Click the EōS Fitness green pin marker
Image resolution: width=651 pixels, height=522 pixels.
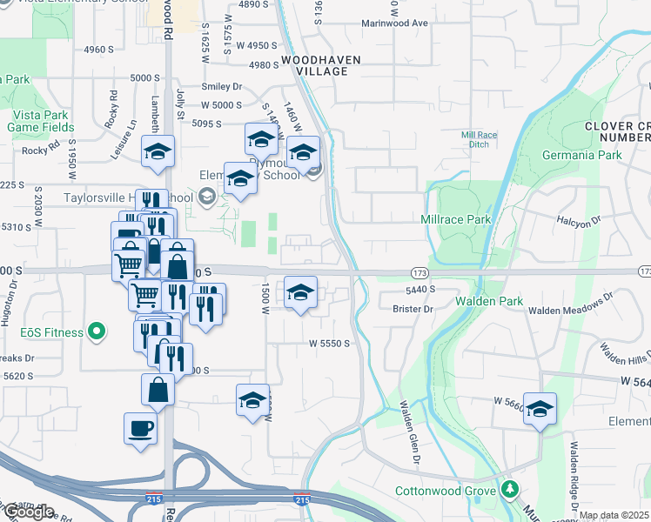[97, 332]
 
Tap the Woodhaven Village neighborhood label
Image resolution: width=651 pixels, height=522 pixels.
[315, 68]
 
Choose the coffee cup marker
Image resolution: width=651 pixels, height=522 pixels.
[141, 428]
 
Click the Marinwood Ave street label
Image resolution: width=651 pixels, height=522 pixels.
[394, 23]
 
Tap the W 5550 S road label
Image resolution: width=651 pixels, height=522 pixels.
[329, 344]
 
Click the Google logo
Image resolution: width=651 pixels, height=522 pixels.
[28, 512]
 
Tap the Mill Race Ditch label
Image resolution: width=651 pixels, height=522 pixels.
[478, 140]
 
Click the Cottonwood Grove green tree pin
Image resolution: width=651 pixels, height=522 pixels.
[509, 490]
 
